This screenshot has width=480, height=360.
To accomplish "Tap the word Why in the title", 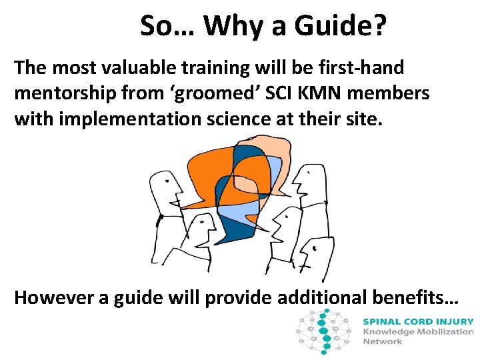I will (231, 26).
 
